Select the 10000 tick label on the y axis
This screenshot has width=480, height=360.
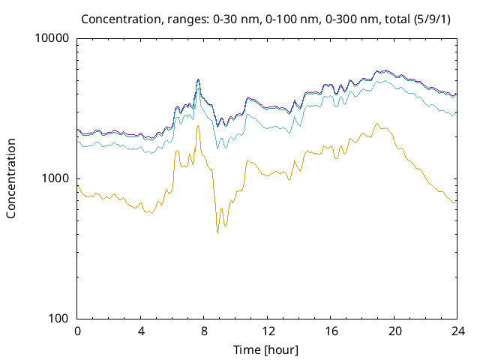(x=53, y=38)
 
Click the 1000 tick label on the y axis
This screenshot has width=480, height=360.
(x=56, y=178)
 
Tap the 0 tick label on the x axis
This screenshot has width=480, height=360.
(x=77, y=331)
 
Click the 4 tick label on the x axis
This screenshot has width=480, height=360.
(x=141, y=331)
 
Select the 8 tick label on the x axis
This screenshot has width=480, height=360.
(x=204, y=331)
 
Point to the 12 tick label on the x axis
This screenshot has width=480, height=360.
(x=267, y=331)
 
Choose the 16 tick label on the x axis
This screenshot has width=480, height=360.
(x=330, y=331)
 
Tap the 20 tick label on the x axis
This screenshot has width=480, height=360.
(x=393, y=331)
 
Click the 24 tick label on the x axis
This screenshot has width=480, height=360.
(x=456, y=331)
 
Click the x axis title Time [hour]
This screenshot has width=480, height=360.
(x=266, y=349)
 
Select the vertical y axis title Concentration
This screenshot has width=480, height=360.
(x=11, y=178)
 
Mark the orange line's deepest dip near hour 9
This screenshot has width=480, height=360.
(x=217, y=233)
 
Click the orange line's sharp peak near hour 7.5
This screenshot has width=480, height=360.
(x=198, y=125)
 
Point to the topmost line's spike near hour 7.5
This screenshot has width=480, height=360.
(x=198, y=79)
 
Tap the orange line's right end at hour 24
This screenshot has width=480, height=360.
(x=455, y=202)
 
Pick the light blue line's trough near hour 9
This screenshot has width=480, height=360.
(x=217, y=148)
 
